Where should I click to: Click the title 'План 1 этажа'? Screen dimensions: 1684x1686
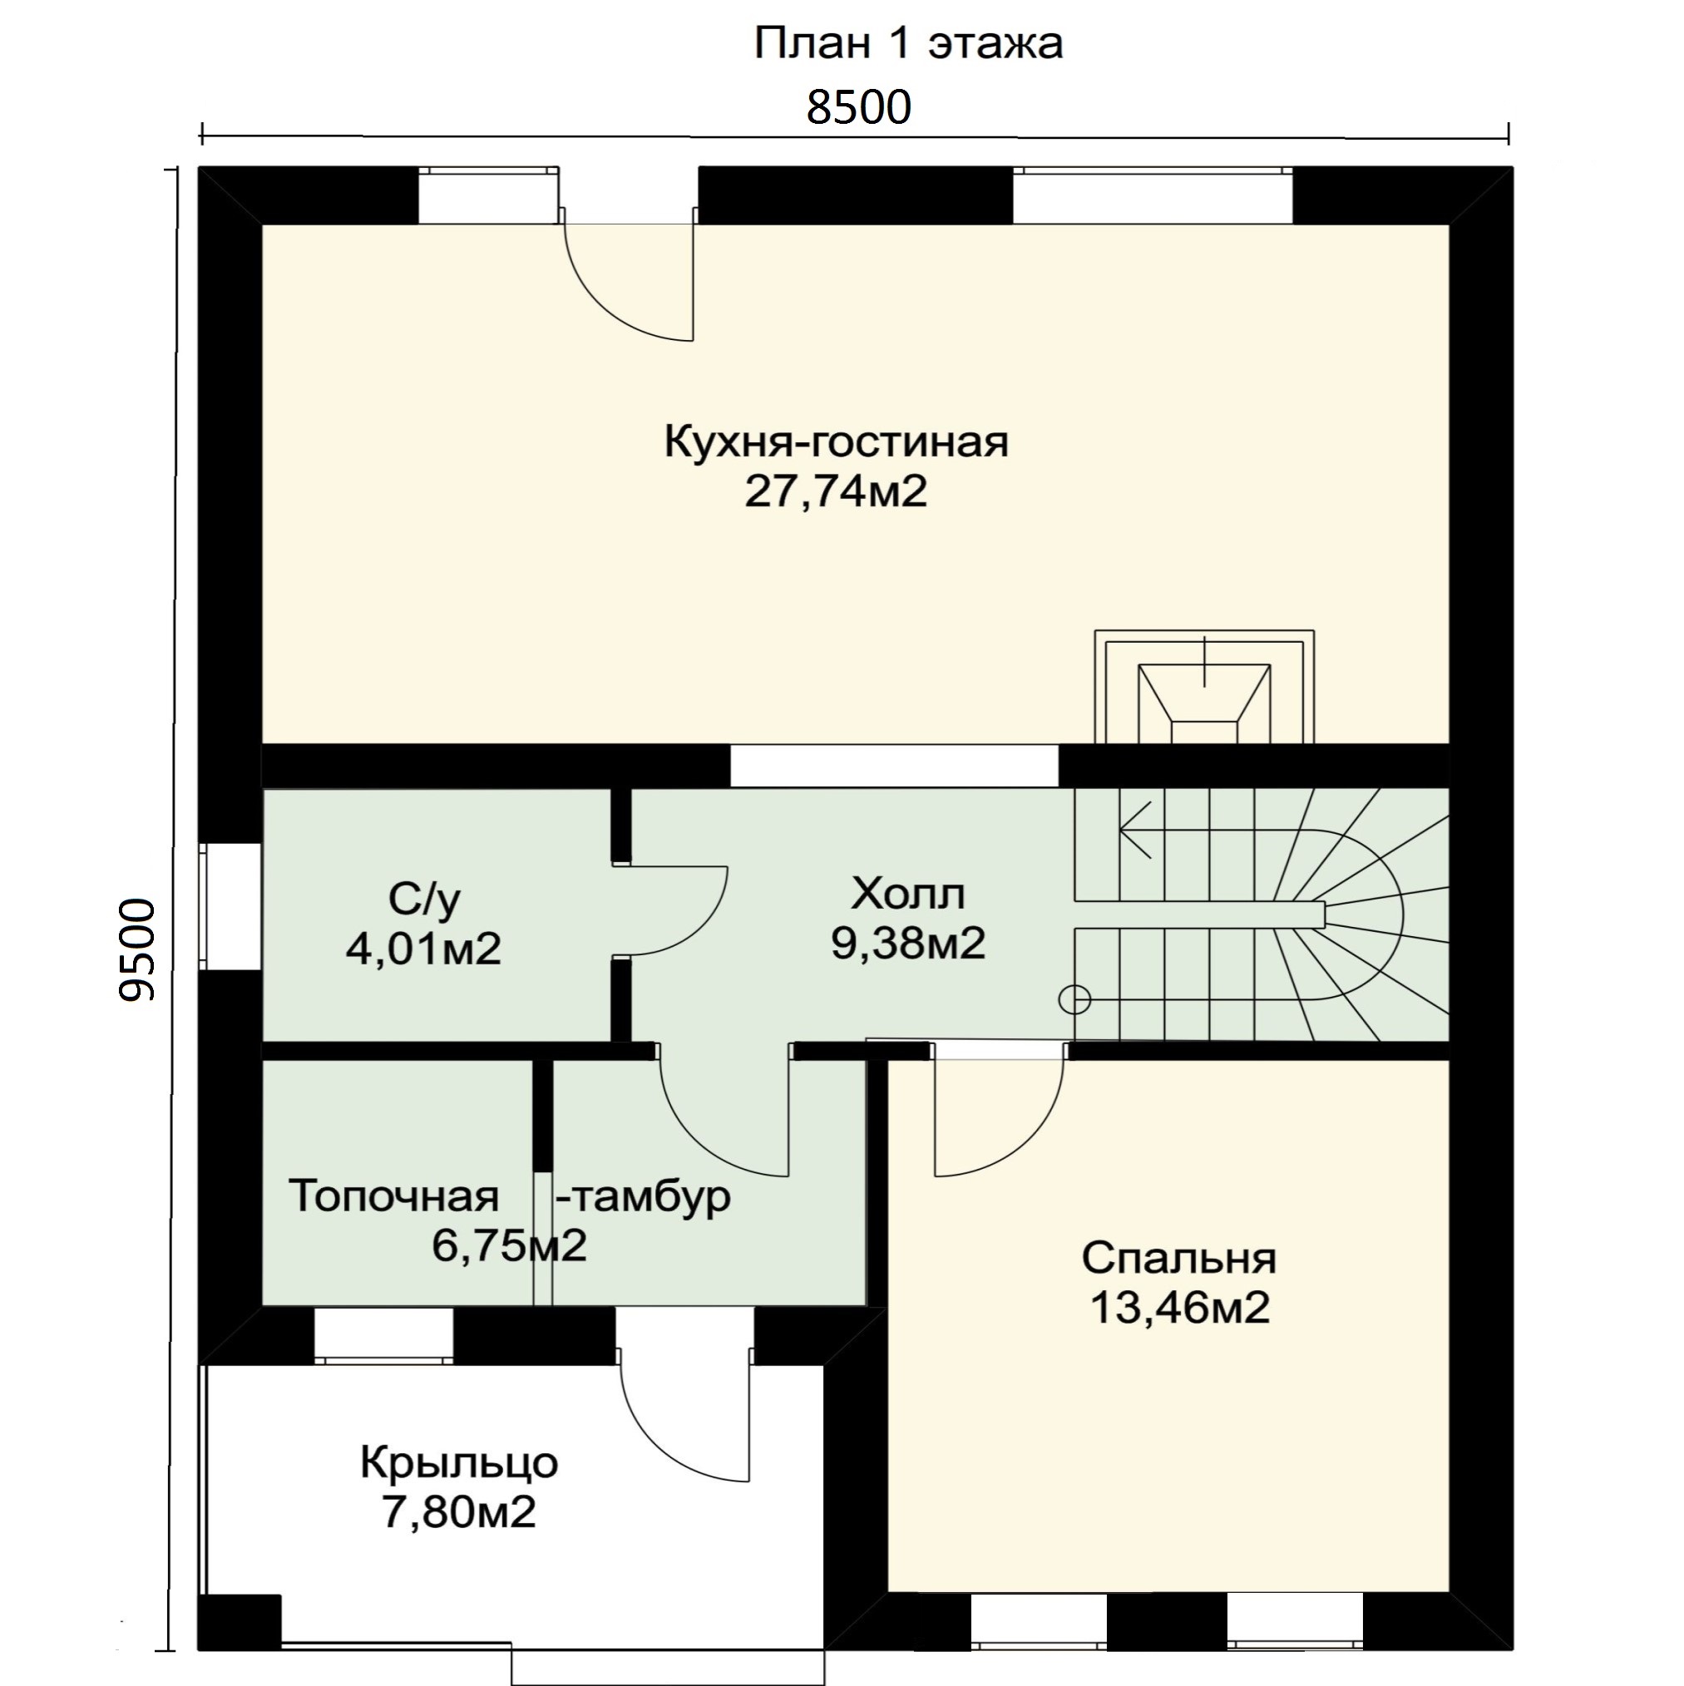(x=908, y=43)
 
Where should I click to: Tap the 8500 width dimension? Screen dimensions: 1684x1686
(x=858, y=107)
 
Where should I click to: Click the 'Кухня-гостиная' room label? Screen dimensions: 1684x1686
(x=837, y=441)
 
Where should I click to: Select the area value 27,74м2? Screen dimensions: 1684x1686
(x=836, y=491)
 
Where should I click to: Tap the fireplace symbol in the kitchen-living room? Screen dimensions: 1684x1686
(x=1204, y=687)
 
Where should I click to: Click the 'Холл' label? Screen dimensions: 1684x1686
(x=908, y=894)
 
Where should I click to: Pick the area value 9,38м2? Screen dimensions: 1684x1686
(x=908, y=943)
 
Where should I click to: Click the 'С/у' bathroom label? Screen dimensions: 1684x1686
(x=424, y=899)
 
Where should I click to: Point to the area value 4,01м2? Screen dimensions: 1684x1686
(x=424, y=948)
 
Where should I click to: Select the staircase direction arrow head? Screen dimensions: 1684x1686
(x=1134, y=830)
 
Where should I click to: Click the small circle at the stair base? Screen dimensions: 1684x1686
(x=1074, y=999)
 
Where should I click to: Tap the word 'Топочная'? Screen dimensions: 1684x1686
(x=393, y=1195)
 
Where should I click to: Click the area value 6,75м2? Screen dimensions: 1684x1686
(x=509, y=1245)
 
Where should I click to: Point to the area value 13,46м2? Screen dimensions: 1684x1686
(x=1179, y=1307)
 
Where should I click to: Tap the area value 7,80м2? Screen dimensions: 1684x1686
(x=459, y=1511)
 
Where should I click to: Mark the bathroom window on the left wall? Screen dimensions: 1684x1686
(x=230, y=906)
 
